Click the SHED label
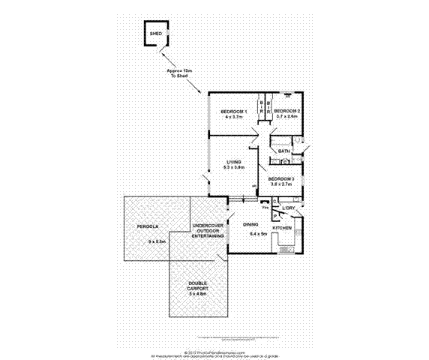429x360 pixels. coord(155,34)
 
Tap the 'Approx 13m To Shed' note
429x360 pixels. coord(180,73)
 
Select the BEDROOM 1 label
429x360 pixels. coord(234,112)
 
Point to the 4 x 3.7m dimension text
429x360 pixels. coord(234,118)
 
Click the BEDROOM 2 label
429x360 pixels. coord(287,111)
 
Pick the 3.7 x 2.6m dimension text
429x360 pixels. coord(287,117)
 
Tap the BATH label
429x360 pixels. coord(283,151)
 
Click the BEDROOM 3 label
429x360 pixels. coord(281,178)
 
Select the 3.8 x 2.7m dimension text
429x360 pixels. coord(281,184)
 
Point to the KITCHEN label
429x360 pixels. coord(282,226)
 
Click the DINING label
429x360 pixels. coord(251,223)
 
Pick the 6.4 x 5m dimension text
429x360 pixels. coord(259,232)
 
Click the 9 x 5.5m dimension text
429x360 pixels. coord(157,240)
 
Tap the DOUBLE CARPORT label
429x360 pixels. coord(198,285)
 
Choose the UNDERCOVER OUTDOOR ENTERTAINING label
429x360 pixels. coord(208,230)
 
